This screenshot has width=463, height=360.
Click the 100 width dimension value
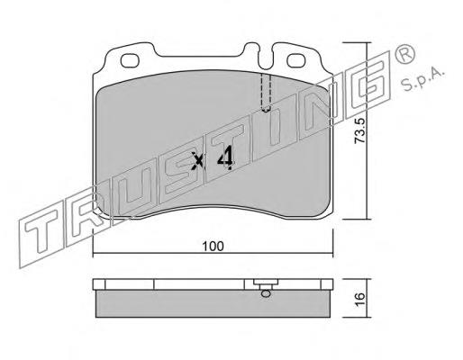213,247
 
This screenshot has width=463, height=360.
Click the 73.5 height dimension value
359,130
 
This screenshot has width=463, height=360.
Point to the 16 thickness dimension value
359,299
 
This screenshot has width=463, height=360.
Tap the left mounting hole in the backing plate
130,60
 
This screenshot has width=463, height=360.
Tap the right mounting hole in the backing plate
296,60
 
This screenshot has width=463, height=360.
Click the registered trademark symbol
405,55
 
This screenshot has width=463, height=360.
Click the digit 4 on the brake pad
226,157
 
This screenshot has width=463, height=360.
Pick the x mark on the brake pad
198,160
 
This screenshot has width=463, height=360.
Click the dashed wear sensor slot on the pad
266,93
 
